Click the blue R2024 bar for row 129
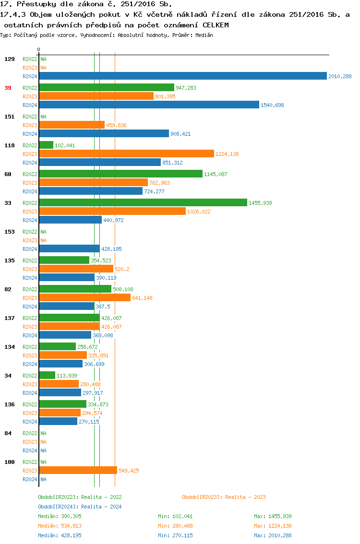pos(182,76)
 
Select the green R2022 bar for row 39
pos(106,87)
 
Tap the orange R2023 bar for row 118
pos(126,154)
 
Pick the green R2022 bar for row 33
pos(143,202)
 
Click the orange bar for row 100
pos(78,471)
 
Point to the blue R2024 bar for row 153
pos(69,249)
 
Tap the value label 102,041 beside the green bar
pos(65,145)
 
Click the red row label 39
pos(8,88)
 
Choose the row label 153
pos(9,232)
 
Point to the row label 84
pos(8,433)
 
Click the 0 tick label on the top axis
pos(38,49)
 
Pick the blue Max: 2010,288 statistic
pos(273,535)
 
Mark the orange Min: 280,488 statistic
pos(175,526)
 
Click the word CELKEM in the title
pos(216,24)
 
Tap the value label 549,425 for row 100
pos(129,471)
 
